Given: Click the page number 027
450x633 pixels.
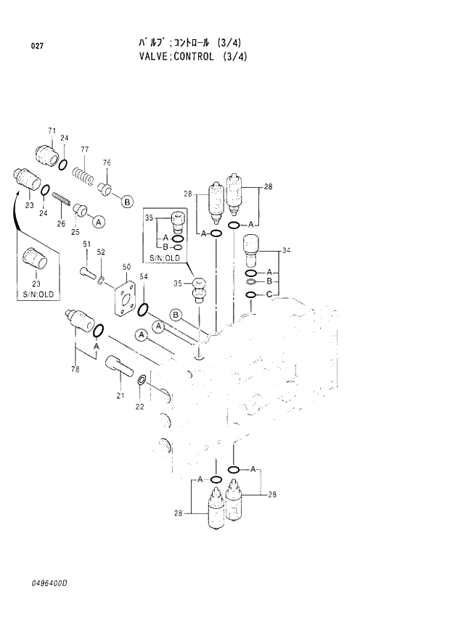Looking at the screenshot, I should (37, 46).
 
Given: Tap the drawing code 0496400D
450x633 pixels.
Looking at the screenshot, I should (54, 583).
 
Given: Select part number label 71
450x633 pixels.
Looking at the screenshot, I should (52, 131).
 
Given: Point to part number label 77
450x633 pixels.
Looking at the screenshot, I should (84, 149).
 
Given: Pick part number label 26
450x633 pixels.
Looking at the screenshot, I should (62, 223).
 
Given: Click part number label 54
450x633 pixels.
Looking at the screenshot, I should (144, 277).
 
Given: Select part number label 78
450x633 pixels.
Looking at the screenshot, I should (75, 371).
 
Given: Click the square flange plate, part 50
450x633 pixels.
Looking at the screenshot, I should (124, 300).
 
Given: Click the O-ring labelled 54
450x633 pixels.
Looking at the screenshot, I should (144, 310).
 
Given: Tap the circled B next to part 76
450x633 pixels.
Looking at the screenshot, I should (126, 202).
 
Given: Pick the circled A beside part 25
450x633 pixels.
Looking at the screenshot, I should (99, 222).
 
